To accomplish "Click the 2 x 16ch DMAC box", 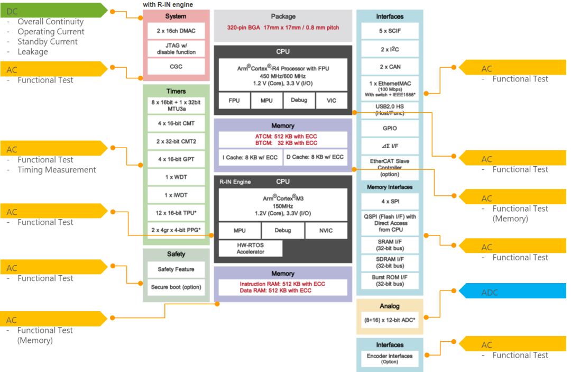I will [x=176, y=31].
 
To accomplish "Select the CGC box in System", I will [x=176, y=67].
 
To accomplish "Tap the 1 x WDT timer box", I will [x=176, y=177].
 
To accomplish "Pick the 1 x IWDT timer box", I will [x=176, y=195].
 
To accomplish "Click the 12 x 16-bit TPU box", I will [x=176, y=212].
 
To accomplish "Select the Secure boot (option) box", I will [x=176, y=287].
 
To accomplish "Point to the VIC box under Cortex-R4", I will [x=331, y=100].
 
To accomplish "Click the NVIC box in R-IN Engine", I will [x=326, y=231].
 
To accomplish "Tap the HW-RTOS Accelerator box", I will [x=251, y=248].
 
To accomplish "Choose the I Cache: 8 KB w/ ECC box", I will [x=251, y=157].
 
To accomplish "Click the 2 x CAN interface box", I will [x=390, y=67].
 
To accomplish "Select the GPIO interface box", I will [x=390, y=128].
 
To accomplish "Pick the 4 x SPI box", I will [x=390, y=202].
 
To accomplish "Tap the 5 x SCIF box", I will [x=390, y=31].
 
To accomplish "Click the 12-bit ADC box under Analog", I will [x=390, y=320].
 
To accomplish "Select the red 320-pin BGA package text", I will [x=283, y=28].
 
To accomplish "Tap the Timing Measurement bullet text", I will [x=57, y=170].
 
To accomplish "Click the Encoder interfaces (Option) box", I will [x=390, y=359].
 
